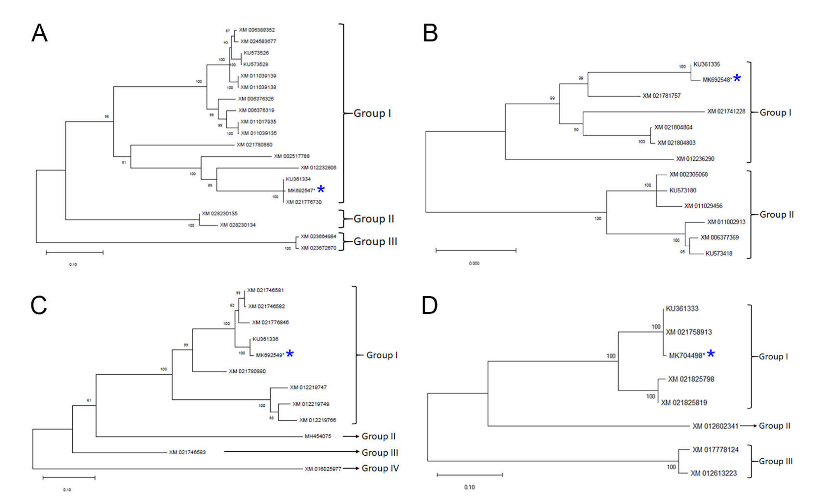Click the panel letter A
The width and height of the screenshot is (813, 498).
pyautogui.click(x=40, y=33)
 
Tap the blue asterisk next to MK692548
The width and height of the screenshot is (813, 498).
pyautogui.click(x=737, y=78)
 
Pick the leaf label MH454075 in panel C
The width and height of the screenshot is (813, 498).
pyautogui.click(x=318, y=436)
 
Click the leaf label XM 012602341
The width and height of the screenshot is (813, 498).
pyautogui.click(x=715, y=426)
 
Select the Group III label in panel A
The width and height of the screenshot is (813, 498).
pyautogui.click(x=375, y=242)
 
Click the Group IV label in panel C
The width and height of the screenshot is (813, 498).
pyautogui.click(x=380, y=468)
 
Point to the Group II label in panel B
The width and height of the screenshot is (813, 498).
pyautogui.click(x=776, y=215)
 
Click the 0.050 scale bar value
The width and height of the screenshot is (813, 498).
pyautogui.click(x=474, y=263)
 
